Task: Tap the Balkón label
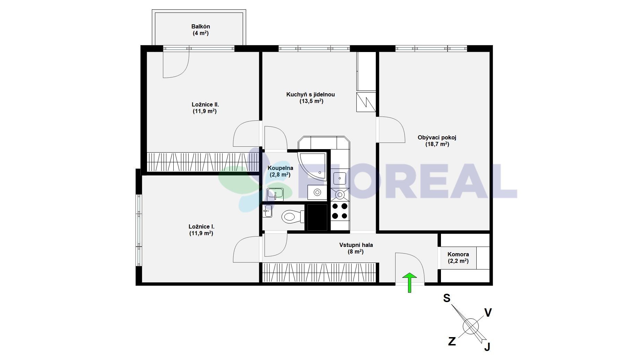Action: [201, 26]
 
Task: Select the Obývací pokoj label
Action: [437, 137]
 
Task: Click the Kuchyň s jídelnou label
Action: [311, 94]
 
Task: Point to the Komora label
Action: [458, 254]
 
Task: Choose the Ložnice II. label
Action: [205, 104]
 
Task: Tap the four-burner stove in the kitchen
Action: [340, 211]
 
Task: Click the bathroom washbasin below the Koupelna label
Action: [275, 194]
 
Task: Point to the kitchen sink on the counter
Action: [339, 178]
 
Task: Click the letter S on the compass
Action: [447, 298]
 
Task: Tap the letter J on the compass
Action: [487, 346]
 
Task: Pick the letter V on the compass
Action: [488, 313]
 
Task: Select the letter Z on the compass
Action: [452, 342]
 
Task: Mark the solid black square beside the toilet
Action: [317, 217]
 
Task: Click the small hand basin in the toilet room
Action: [267, 211]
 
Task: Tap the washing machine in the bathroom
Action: [317, 192]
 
